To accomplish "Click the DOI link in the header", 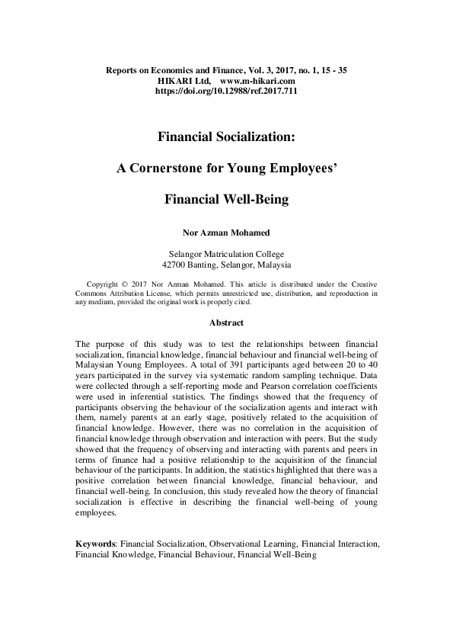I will tap(226, 90).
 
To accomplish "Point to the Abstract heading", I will tap(226, 323).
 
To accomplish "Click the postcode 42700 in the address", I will tap(177, 265).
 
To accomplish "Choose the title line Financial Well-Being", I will tap(226, 201).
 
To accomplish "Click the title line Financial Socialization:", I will tap(226, 137).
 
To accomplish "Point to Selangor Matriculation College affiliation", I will tap(226, 254).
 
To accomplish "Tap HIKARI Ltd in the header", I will tap(184, 80).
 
